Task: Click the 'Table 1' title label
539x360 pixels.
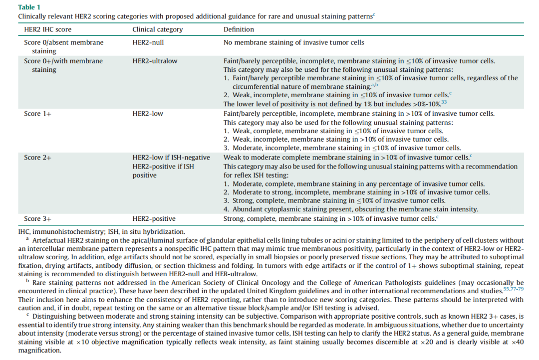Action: point(29,7)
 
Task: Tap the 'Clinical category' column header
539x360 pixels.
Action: point(157,29)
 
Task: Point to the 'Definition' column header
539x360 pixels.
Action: point(239,29)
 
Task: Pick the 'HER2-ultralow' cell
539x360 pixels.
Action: point(155,61)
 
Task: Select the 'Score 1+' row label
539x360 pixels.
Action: point(38,114)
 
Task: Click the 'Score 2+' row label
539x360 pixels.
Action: point(38,158)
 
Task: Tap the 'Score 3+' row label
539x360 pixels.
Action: point(38,218)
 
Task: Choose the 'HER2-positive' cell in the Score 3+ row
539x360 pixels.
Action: point(154,218)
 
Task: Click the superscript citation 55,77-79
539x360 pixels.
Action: point(513,289)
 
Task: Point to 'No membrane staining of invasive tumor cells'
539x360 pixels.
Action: point(293,42)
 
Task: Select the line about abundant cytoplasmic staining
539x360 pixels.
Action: point(351,209)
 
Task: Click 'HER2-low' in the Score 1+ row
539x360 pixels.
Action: point(148,114)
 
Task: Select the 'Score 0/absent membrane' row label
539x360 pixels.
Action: point(64,42)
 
